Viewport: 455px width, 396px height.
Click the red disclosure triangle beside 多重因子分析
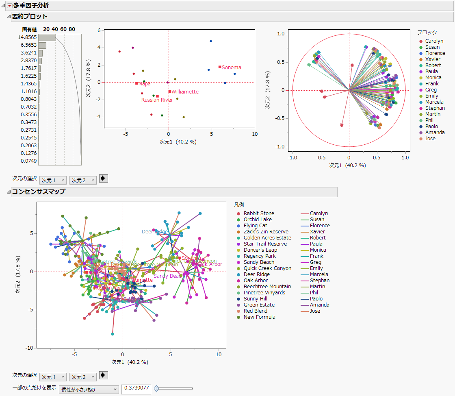tap(10, 5)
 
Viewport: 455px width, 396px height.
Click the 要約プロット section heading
tap(30, 17)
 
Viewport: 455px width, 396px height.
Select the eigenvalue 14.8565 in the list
tap(27, 37)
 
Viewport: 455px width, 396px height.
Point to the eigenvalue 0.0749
tap(29, 161)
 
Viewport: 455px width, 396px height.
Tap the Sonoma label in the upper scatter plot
tap(231, 67)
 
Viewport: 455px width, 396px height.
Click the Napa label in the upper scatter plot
tap(144, 84)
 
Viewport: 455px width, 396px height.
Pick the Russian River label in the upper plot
tap(157, 100)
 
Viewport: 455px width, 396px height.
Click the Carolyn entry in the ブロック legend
tap(434, 41)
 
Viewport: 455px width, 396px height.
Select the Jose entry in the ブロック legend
tap(430, 139)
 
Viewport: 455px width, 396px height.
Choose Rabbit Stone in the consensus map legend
tap(258, 213)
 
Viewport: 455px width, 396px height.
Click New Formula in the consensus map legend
tap(259, 317)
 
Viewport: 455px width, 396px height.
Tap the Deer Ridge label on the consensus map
tap(155, 232)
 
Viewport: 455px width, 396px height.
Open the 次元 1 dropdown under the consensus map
tap(53, 377)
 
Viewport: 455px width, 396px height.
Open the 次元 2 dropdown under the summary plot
tap(83, 180)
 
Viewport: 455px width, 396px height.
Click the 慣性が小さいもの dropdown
tap(89, 390)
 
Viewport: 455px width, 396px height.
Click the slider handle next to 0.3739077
tap(156, 389)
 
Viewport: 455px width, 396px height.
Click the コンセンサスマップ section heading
tap(38, 192)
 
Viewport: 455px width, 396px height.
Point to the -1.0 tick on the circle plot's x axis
tap(292, 157)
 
